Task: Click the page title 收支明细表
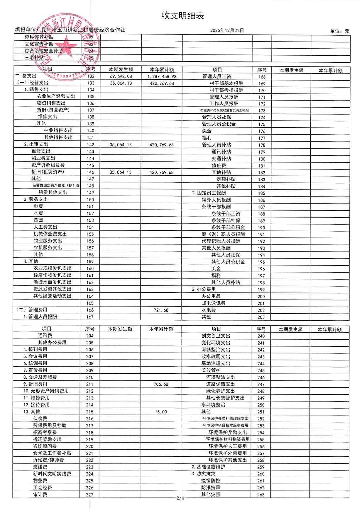(x=182, y=16)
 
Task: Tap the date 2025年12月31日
(x=227, y=30)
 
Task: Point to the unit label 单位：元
(x=339, y=31)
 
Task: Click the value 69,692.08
(x=121, y=76)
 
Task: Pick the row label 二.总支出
(x=26, y=76)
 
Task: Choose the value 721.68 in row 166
(x=161, y=310)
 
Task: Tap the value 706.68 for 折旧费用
(x=161, y=384)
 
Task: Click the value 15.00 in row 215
(x=161, y=412)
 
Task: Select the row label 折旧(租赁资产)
(x=48, y=172)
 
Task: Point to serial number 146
(x=90, y=172)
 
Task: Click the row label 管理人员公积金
(x=219, y=124)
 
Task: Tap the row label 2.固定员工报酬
(x=209, y=193)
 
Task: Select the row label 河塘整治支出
(x=216, y=350)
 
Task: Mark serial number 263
(x=261, y=495)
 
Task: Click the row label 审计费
(x=40, y=495)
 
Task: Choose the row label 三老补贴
(x=34, y=58)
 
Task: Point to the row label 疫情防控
(x=211, y=481)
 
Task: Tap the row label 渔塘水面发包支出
(x=52, y=282)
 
